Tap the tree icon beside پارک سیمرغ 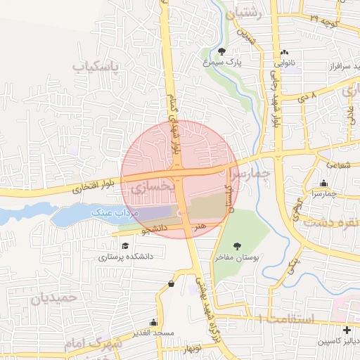coord(222,51)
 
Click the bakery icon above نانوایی coord(284,53)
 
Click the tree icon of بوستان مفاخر coord(236,246)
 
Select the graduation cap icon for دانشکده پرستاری coord(125,246)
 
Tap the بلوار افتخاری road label coord(91,188)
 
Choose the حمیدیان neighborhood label coord(53,298)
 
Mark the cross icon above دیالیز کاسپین coord(346,330)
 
